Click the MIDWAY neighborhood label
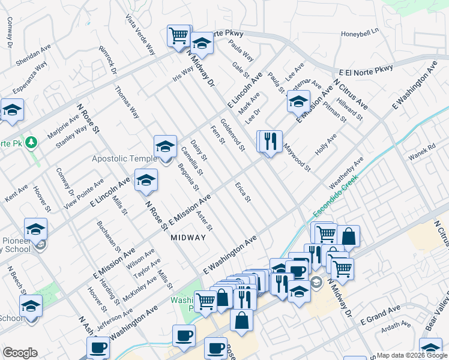pyautogui.click(x=188, y=238)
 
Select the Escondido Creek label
pyautogui.click(x=335, y=196)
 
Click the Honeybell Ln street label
pyautogui.click(x=361, y=31)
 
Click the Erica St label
pyautogui.click(x=243, y=191)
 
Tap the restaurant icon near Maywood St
pyautogui.click(x=270, y=142)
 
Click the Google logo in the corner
pyautogui.click(x=20, y=353)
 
